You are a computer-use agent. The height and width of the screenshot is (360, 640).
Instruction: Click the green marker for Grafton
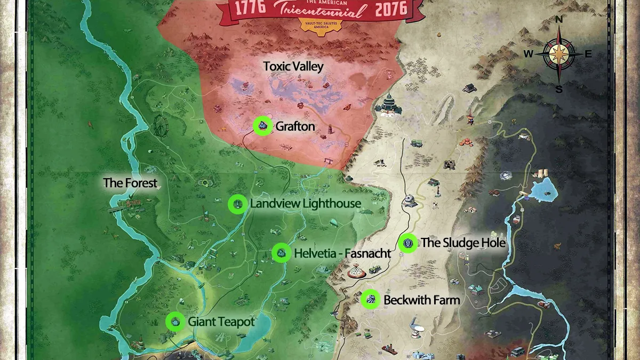point(262,126)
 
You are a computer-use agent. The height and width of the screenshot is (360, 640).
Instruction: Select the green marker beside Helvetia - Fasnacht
point(281,253)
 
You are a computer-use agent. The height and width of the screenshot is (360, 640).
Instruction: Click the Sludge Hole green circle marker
point(408,243)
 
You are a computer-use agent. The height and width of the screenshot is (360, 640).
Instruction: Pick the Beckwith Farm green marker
point(370,300)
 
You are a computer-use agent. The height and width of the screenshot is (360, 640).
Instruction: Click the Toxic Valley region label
point(293,67)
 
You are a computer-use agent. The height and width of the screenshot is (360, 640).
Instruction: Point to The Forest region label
point(131,183)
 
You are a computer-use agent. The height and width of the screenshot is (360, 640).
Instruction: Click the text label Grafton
point(295,127)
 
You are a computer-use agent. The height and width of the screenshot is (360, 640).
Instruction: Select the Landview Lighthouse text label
point(305,204)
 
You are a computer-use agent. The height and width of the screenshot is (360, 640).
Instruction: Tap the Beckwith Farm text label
point(421,300)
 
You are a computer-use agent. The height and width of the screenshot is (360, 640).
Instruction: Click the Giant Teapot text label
point(221,322)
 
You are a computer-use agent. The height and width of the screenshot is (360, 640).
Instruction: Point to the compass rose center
point(559,54)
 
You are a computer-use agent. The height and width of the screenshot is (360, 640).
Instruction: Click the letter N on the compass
point(559,20)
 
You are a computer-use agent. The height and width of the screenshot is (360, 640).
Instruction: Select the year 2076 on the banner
point(391,9)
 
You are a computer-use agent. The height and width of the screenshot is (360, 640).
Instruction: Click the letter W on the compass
point(528,54)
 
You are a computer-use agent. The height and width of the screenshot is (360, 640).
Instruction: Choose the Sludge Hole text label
point(463,243)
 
